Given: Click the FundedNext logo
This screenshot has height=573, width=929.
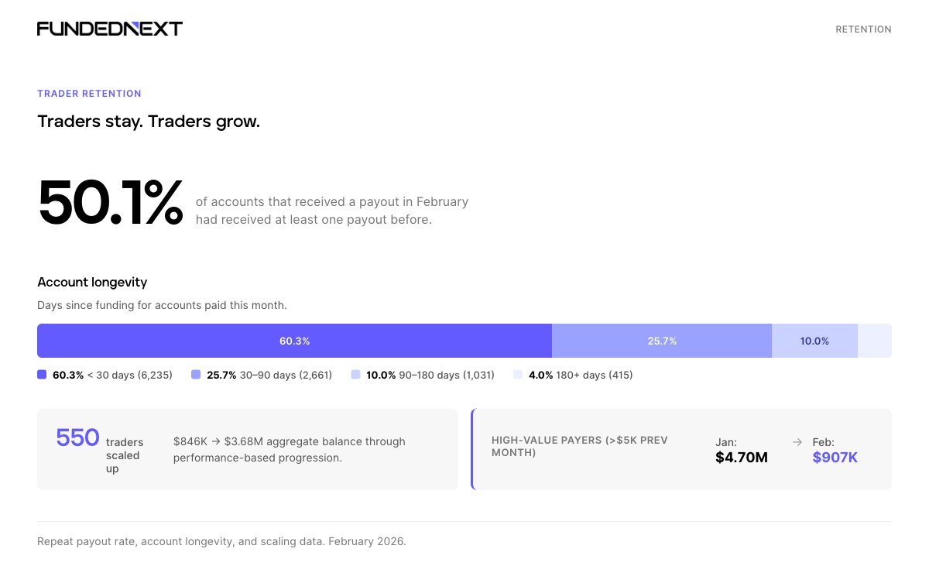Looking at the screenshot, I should point(110,29).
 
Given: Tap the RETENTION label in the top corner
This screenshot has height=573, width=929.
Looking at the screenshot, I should point(863,29).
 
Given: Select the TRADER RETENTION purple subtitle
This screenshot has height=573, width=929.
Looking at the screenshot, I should point(89,94).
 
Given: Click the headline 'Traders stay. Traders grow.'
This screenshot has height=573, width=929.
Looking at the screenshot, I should point(149,122).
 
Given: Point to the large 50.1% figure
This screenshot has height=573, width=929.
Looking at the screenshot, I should point(110,203).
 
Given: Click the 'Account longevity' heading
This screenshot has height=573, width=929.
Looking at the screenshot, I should point(92,282).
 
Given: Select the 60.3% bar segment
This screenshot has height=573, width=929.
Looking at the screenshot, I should point(294,341).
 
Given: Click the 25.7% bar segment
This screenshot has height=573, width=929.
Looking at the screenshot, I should point(662,341).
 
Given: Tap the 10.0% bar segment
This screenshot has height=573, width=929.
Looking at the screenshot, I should point(814,341).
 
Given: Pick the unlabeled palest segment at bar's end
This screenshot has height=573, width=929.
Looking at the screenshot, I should point(875,341).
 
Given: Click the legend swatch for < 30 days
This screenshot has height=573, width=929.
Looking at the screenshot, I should point(42,375).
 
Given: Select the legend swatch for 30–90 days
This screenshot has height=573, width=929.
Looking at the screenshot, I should point(196,375).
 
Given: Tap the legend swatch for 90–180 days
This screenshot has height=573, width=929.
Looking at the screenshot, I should point(355,375).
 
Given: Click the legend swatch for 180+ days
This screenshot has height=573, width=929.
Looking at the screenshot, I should point(518,375).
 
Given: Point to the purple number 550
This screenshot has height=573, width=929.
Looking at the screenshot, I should point(77,438).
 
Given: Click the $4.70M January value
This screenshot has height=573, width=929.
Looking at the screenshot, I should point(742,458).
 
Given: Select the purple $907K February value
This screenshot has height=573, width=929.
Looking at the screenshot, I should point(835,458).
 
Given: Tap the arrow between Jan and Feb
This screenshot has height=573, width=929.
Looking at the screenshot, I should point(797,442).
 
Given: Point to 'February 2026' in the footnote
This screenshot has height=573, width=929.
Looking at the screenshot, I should point(366,541).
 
